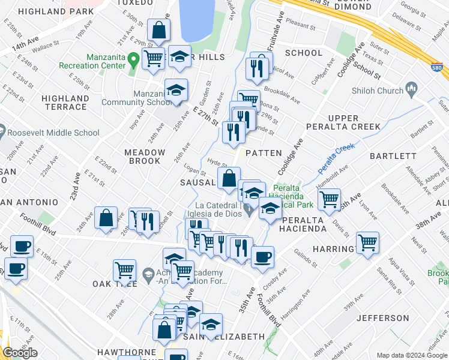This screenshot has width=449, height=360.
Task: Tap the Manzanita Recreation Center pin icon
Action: pyautogui.click(x=133, y=59)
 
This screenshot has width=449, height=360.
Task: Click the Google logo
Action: pyautogui.click(x=20, y=353)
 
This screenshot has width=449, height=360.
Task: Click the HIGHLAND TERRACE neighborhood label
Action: pyautogui.click(x=64, y=102)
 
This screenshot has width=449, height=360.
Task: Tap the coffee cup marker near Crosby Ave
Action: pyautogui.click(x=262, y=257)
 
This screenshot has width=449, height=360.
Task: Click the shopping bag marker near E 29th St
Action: pyautogui.click(x=158, y=30)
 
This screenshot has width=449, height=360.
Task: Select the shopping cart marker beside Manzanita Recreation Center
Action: pyautogui.click(x=154, y=59)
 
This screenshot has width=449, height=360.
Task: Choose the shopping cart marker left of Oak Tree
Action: pyautogui.click(x=125, y=271)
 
